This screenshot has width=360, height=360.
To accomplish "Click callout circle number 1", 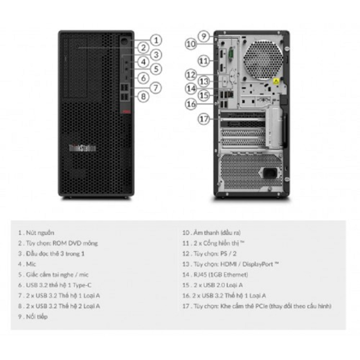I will [x=156, y=40].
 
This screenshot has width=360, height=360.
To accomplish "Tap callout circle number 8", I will [x=143, y=96].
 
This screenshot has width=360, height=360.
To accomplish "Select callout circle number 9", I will [x=204, y=35].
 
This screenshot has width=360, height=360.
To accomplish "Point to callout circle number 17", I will [x=203, y=118].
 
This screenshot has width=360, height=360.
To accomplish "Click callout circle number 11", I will [x=203, y=61].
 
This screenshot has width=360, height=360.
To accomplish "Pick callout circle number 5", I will [x=156, y=69].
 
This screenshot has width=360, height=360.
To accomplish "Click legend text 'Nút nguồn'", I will [x=42, y=233].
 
